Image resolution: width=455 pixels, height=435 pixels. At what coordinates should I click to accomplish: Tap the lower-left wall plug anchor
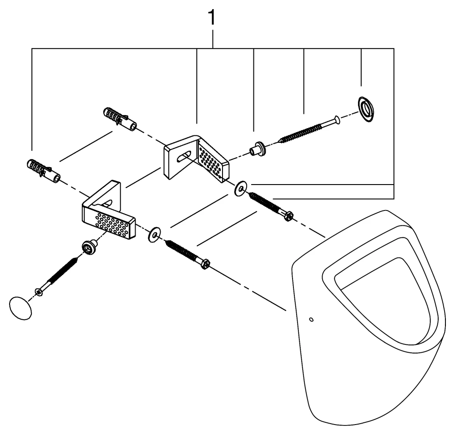[x=43, y=169]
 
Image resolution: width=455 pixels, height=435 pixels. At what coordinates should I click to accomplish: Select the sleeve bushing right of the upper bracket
[x=258, y=148]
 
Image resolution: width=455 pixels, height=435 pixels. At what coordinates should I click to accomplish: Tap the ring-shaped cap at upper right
[x=365, y=109]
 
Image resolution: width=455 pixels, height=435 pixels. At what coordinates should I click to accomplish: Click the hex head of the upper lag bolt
[x=288, y=216]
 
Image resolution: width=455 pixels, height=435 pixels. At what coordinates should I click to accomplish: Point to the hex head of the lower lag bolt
[x=205, y=264]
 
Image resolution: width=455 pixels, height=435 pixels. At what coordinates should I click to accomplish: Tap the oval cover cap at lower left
[x=20, y=308]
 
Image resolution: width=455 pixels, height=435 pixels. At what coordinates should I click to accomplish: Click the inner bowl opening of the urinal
[x=382, y=295]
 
